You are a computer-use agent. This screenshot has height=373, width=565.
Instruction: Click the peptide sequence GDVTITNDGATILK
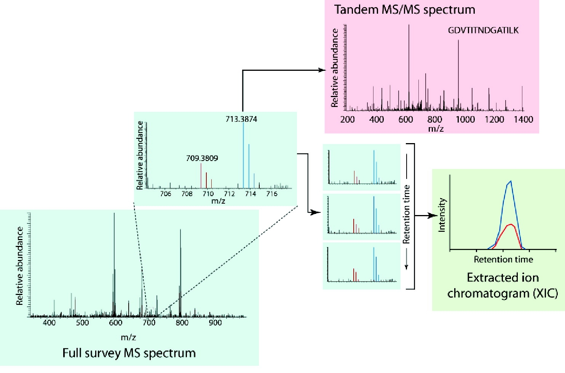coord(483,30)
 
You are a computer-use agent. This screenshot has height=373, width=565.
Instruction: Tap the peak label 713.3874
coord(241,119)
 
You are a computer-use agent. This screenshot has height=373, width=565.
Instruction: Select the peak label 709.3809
coord(202,158)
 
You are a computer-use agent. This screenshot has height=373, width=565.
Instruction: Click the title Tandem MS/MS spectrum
coord(405,10)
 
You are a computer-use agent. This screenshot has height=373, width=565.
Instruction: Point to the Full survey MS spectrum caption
coord(129,353)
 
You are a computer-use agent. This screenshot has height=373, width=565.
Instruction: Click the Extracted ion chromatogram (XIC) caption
coord(503,285)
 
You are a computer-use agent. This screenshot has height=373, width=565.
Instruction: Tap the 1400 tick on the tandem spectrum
coord(523,120)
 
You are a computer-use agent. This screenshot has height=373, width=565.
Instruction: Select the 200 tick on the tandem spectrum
coord(347,120)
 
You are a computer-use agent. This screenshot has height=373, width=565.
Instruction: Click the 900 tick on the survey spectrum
coord(215,323)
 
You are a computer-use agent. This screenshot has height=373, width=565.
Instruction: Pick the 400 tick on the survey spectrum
coord(49,323)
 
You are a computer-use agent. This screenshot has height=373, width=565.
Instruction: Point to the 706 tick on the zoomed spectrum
coord(166,194)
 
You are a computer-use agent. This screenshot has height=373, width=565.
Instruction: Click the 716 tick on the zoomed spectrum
coord(272,194)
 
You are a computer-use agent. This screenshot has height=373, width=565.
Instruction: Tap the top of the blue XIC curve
coord(510,182)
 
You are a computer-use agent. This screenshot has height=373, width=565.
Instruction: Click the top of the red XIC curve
coord(510,225)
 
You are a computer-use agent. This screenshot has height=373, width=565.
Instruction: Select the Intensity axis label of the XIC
coord(442,215)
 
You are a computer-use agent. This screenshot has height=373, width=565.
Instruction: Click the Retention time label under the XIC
coord(503,260)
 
